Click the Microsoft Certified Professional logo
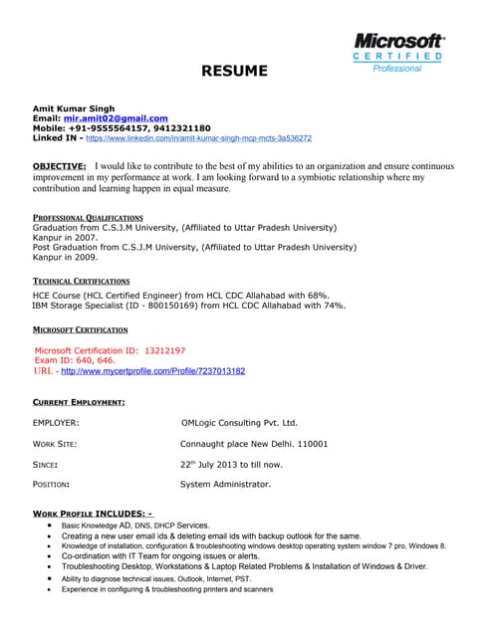[x=397, y=52]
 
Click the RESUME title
[x=235, y=71]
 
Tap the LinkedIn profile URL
[x=198, y=138]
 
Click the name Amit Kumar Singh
[x=74, y=107]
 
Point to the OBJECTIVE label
[x=60, y=164]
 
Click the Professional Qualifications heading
[x=88, y=216]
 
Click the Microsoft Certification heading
[x=80, y=328]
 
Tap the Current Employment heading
[x=79, y=401]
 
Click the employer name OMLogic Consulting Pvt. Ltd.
[x=239, y=423]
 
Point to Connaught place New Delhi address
[x=253, y=443]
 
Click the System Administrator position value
[x=225, y=485]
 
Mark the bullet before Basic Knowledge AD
[x=50, y=524]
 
